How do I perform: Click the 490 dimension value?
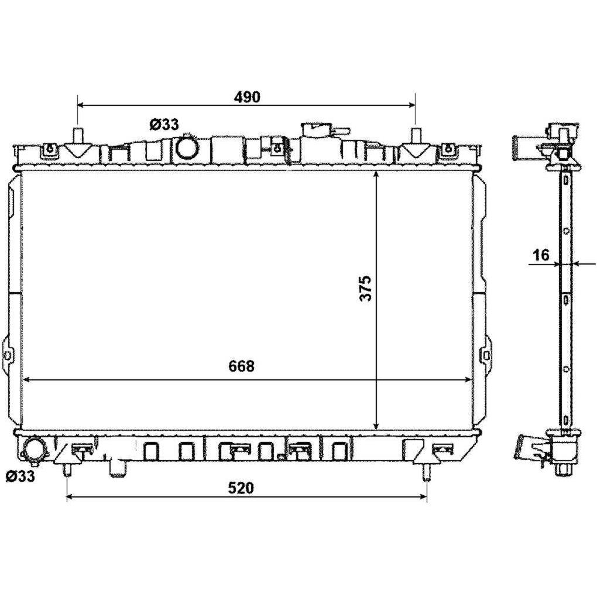(x=247, y=98)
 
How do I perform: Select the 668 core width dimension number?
(x=241, y=366)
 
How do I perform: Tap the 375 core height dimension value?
(x=365, y=288)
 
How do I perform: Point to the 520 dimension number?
(x=241, y=488)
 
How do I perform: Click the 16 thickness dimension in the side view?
(x=541, y=255)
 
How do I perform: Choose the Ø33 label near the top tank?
(x=164, y=124)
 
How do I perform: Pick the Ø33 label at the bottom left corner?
(x=20, y=475)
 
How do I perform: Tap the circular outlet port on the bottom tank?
(x=35, y=451)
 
